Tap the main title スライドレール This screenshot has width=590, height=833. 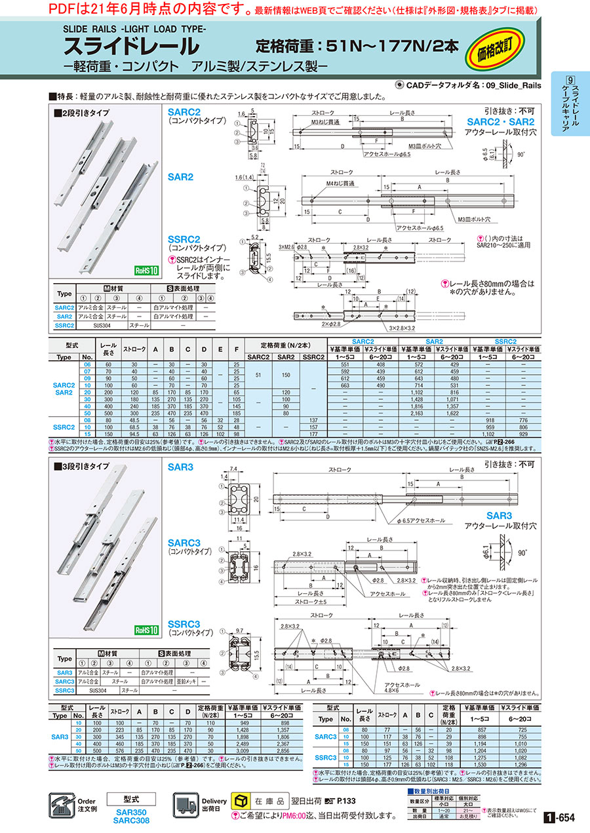click(131, 47)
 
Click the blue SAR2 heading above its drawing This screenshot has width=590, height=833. click(180, 177)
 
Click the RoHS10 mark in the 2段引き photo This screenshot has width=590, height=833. click(146, 270)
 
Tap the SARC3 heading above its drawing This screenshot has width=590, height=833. click(184, 543)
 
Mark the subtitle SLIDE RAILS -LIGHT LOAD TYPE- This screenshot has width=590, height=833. click(134, 29)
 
